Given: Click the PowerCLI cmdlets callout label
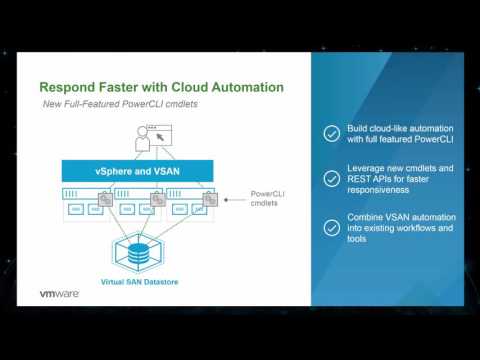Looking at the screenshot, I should tap(266, 199).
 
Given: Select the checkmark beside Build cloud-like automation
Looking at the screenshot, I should tap(332, 133).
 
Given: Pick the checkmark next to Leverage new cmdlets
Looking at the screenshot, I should tap(332, 179).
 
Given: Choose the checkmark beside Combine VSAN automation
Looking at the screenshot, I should tap(332, 226).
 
